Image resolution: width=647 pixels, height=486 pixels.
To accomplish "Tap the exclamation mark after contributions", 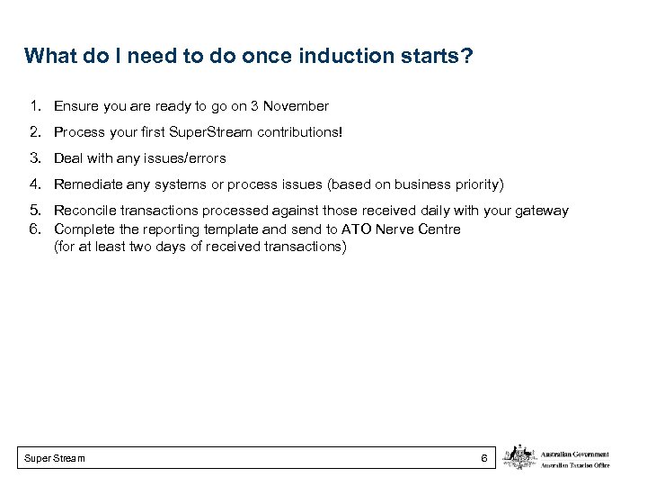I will click(x=341, y=132).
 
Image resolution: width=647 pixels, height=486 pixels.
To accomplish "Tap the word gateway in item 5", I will click(x=542, y=211).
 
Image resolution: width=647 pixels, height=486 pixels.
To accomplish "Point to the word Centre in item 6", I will click(x=439, y=229).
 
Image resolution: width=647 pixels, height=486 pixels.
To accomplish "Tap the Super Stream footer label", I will click(x=56, y=459).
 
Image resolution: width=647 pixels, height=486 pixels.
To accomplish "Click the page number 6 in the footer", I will click(x=483, y=459).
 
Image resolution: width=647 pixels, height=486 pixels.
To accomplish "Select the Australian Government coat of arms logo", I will click(x=518, y=457).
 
